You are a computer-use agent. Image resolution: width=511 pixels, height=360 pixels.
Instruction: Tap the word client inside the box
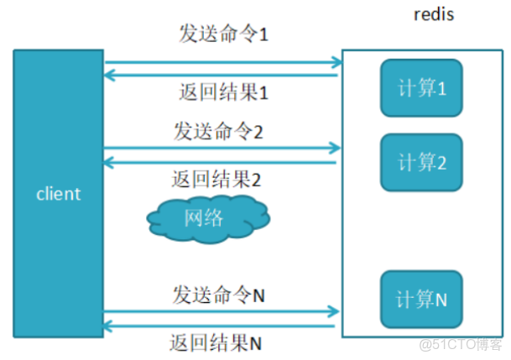pos(58,194)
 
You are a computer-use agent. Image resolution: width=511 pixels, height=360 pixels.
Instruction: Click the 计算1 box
pos(421,88)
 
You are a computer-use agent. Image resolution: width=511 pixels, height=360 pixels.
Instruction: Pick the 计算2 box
pos(421,161)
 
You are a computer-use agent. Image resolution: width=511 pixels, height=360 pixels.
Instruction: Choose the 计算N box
pos(421,299)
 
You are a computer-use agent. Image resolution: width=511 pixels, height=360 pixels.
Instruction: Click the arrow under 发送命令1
pos(223,60)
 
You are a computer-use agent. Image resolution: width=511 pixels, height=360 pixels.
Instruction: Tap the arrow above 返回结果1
pos(222,76)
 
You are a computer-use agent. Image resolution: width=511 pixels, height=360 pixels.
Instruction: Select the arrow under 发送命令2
pos(223,149)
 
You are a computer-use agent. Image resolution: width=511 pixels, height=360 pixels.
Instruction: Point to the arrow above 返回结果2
pos(222,162)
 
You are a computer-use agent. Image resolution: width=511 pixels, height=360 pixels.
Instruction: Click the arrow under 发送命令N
pos(223,311)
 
